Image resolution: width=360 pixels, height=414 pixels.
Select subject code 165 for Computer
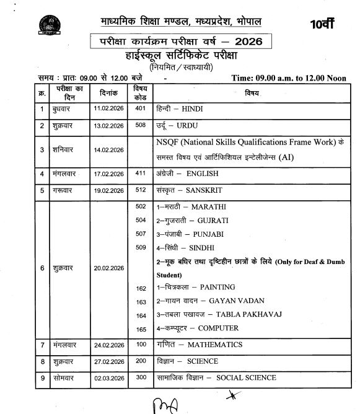coord(141,329)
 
